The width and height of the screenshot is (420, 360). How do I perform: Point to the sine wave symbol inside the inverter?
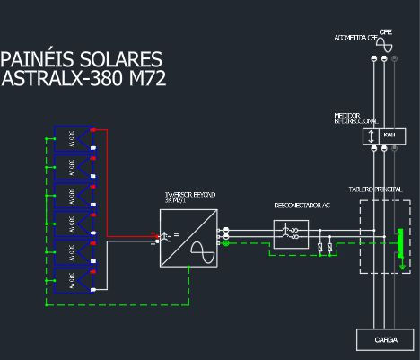(204, 251)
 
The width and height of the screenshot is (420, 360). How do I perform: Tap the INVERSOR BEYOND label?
(189, 195)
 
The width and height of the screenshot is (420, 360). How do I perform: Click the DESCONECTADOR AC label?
(301, 206)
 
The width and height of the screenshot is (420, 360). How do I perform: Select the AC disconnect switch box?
(291, 235)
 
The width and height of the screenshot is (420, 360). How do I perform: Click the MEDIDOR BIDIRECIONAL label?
(355, 119)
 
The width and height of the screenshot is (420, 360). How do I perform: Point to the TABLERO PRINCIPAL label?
(376, 189)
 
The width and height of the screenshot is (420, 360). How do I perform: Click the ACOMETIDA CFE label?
(355, 39)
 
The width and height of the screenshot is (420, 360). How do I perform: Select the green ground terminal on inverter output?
(225, 242)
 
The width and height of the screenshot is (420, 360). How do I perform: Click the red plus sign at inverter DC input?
(155, 235)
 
